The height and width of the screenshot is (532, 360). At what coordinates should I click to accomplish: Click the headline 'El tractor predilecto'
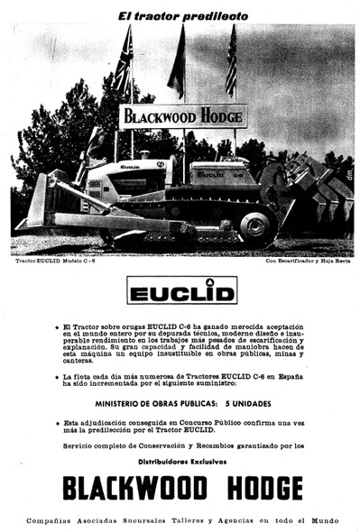click(x=180, y=15)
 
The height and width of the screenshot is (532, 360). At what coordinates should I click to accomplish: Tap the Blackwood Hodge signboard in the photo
click(x=183, y=116)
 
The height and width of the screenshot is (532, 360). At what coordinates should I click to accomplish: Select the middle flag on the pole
click(x=178, y=63)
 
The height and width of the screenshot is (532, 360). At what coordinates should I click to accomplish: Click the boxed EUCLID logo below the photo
click(x=181, y=291)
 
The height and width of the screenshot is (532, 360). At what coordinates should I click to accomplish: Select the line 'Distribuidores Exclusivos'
click(x=180, y=460)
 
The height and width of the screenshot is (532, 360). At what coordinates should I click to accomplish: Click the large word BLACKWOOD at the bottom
click(x=134, y=488)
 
